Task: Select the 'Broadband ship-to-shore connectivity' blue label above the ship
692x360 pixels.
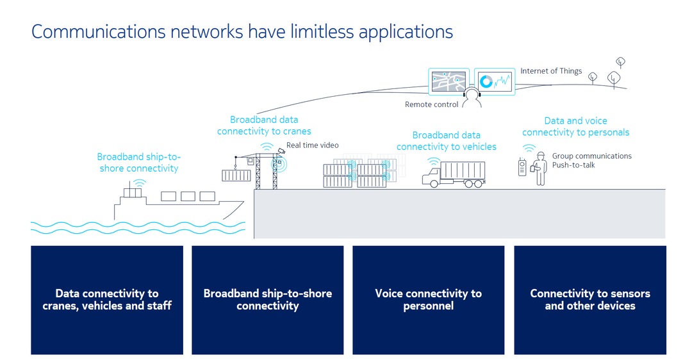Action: click(x=138, y=163)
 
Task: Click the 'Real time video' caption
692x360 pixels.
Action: click(x=312, y=145)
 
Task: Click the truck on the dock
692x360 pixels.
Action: click(x=454, y=174)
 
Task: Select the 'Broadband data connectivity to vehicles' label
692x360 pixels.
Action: click(x=446, y=141)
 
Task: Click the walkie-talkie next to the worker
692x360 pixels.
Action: click(x=522, y=168)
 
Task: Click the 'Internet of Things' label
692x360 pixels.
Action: click(x=551, y=71)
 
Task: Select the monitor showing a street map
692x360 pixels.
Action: click(x=449, y=82)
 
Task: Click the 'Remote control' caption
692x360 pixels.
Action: click(x=431, y=104)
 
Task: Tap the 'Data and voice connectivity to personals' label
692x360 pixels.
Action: click(x=575, y=126)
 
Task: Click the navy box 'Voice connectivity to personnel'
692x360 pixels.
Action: click(x=428, y=300)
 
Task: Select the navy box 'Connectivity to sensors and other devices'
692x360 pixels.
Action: click(x=589, y=300)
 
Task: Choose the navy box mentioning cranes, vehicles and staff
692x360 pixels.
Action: click(x=107, y=300)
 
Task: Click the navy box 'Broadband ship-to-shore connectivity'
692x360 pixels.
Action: click(x=267, y=300)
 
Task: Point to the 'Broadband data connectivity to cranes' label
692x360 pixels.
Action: click(x=264, y=126)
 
